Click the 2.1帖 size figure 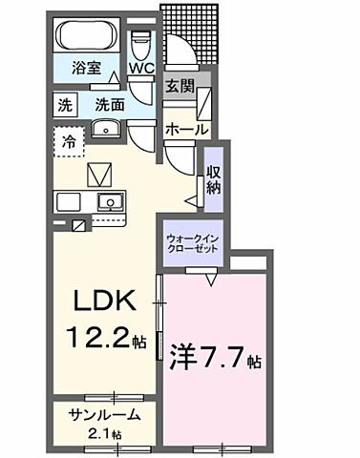pyautogui.click(x=106, y=433)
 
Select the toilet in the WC pyautogui.click(x=141, y=42)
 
